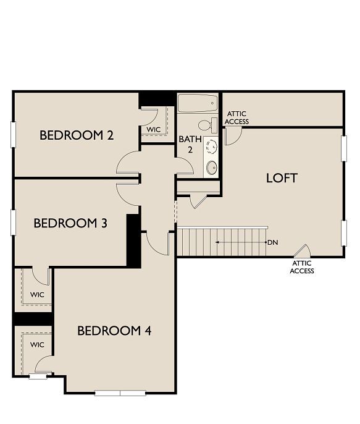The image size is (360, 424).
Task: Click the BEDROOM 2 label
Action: pos(77,135)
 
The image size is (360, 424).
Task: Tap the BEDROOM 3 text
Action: pos(70,223)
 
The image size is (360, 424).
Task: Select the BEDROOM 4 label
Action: pos(114,331)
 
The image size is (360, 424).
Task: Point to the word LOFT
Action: pos(282,178)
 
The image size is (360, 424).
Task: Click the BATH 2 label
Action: pos(190,144)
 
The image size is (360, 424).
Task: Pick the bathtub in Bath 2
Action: pos(198,103)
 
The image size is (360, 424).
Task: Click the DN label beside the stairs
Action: pos(272,242)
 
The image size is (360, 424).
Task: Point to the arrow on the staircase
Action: pos(241,242)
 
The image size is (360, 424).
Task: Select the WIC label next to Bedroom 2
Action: pos(153,130)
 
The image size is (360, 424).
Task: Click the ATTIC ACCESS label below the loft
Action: pos(302,267)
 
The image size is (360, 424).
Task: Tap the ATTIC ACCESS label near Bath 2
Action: pos(237,118)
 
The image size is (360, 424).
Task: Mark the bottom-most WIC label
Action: pos(37,344)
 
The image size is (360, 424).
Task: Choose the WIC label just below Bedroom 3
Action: pos(37,294)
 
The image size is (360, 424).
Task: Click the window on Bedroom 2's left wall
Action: pos(13,135)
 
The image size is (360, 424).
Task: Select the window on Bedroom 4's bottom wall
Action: pos(120,392)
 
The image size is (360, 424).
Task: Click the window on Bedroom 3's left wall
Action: pos(13,222)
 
